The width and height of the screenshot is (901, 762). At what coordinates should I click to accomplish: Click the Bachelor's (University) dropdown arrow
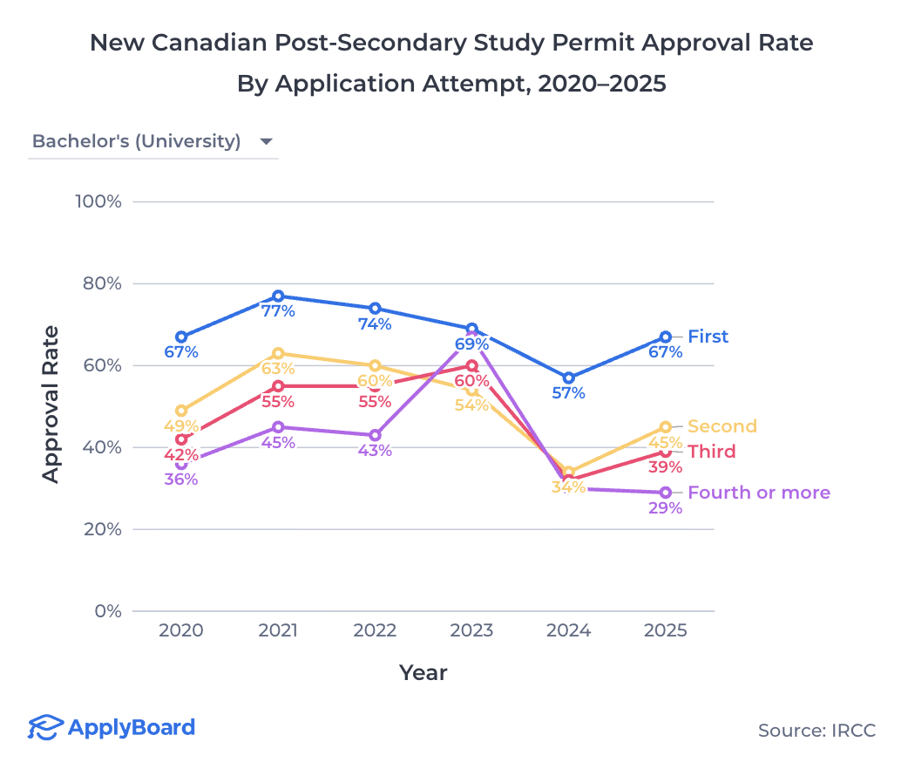[x=267, y=142]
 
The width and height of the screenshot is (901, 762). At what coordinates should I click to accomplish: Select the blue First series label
[x=708, y=337]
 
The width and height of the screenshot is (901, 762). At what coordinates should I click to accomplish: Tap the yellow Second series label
[x=721, y=426]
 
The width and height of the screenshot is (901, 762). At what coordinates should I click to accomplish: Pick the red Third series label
[x=711, y=452]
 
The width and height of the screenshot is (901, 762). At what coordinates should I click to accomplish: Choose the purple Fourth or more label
[x=758, y=493]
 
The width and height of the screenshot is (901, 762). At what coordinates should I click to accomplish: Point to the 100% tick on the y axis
[x=98, y=201]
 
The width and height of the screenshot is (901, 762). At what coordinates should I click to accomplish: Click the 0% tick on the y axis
[x=107, y=611]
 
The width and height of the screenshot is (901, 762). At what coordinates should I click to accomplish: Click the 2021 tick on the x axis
[x=278, y=630]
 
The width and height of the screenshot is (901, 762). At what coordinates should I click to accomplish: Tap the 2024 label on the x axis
[x=569, y=630]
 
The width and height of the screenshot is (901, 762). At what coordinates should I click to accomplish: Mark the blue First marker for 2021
[x=278, y=296]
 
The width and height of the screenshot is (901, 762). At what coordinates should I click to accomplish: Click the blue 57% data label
[x=568, y=393]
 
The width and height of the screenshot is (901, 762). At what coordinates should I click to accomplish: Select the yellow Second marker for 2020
[x=181, y=411]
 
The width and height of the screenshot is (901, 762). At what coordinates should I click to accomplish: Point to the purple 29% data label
[x=665, y=508]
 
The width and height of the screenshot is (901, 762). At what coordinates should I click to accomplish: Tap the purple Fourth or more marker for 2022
[x=375, y=435]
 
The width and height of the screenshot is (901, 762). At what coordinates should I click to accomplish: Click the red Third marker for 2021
[x=278, y=386]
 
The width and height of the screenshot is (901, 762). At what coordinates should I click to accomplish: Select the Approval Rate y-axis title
[x=51, y=404]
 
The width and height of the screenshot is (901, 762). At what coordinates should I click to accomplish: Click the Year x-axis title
[x=423, y=672]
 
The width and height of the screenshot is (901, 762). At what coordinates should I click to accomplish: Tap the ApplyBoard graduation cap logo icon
[x=45, y=727]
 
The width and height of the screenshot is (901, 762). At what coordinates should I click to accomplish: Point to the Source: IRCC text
[x=816, y=731]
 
